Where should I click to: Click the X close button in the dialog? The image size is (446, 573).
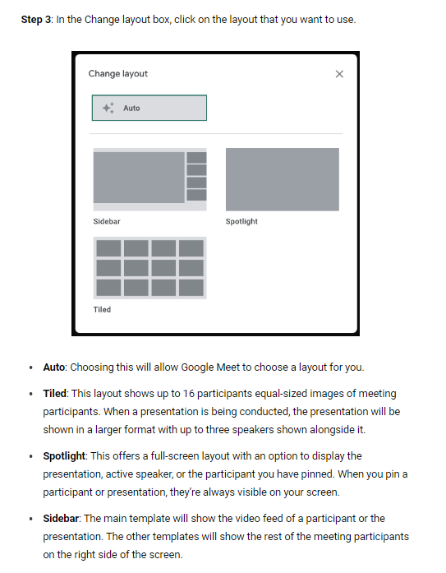point(339,74)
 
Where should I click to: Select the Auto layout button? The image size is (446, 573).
point(149,108)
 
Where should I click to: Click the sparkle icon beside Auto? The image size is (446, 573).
point(108,108)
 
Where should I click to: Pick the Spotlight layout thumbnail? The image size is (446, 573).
point(282,179)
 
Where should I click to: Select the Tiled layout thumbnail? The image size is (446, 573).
point(149,267)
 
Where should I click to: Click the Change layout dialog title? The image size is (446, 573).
point(118,74)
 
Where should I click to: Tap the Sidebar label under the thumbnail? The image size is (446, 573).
point(107,222)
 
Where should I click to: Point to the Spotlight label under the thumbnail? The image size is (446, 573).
point(241,222)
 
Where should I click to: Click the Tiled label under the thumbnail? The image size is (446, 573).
point(102,310)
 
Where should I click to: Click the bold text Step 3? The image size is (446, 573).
point(36,19)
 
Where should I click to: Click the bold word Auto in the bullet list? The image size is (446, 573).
point(54,367)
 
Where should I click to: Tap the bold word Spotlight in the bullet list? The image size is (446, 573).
point(65,455)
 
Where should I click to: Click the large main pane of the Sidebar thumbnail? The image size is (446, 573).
point(139,178)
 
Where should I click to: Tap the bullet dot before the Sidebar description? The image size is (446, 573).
point(30,519)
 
